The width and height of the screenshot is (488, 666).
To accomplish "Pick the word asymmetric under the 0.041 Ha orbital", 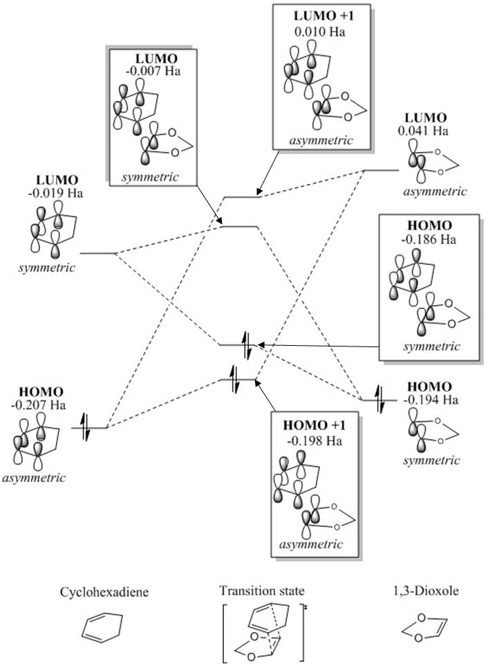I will (435, 192).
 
